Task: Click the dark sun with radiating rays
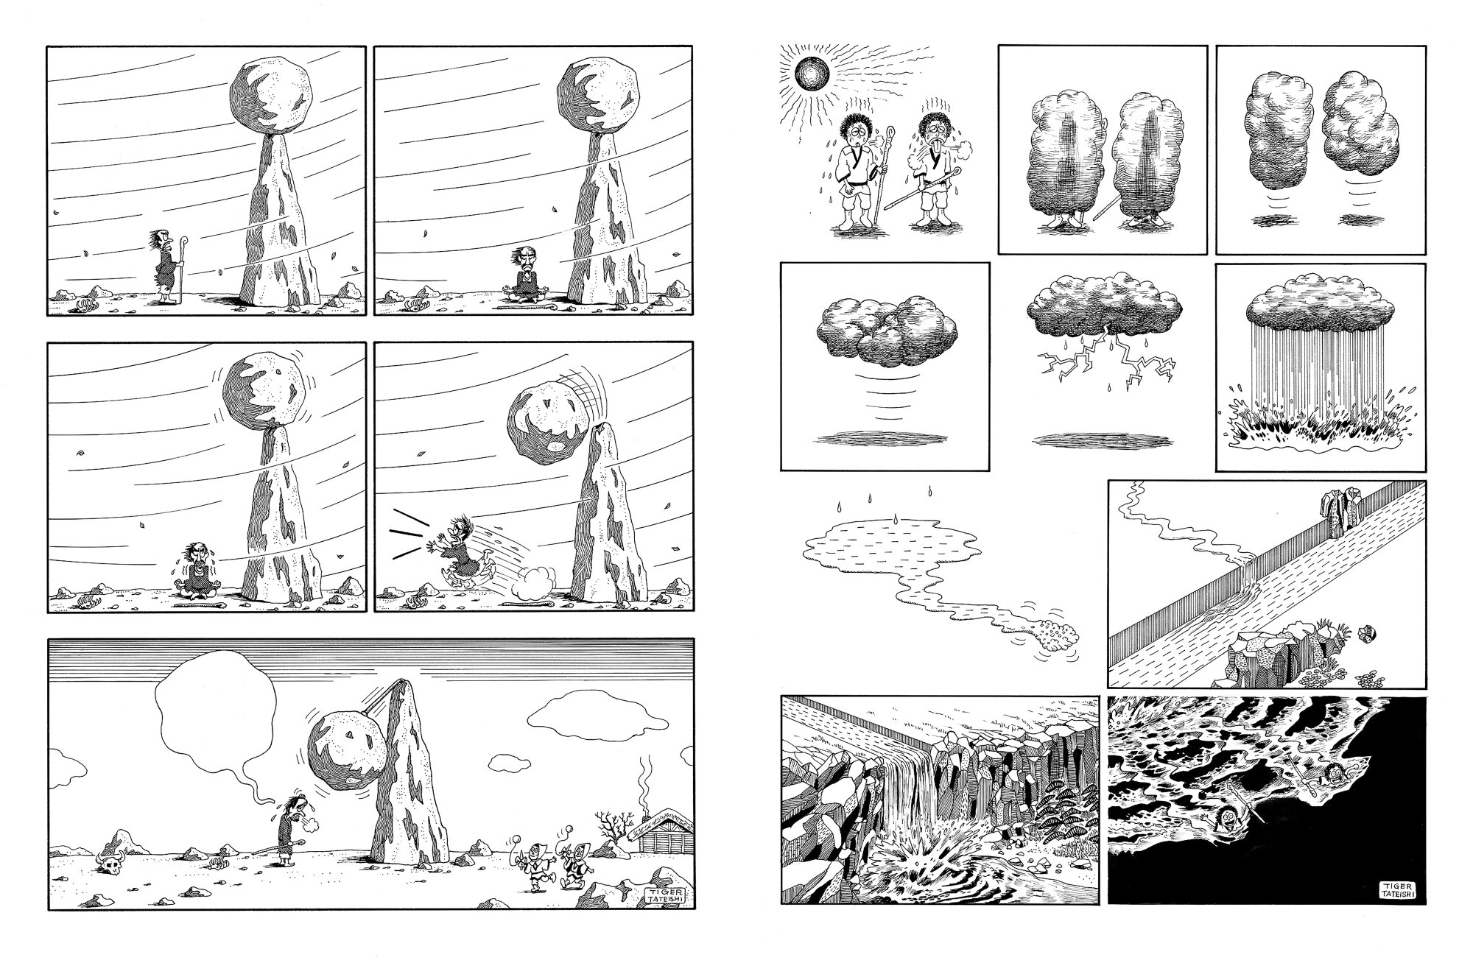click(x=812, y=75)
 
